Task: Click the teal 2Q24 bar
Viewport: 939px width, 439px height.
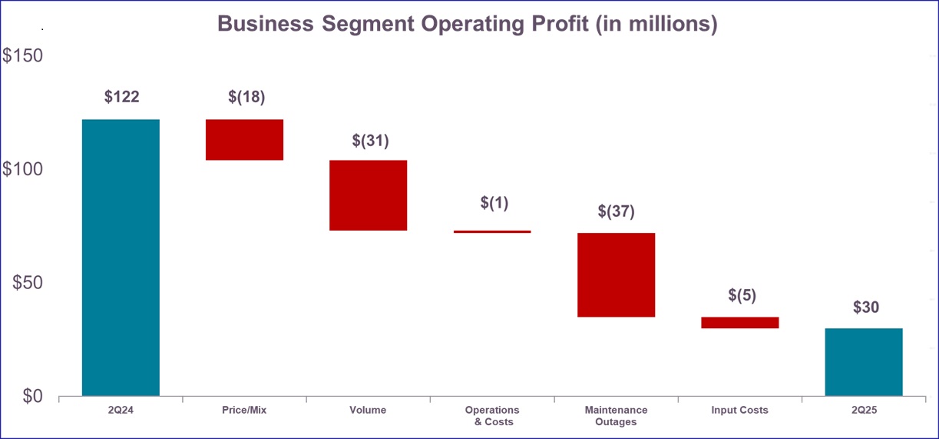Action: click(121, 258)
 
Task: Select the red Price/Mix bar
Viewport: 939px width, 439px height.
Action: click(244, 140)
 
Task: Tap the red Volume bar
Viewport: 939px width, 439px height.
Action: click(368, 195)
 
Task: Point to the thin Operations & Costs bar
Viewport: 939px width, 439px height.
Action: click(491, 231)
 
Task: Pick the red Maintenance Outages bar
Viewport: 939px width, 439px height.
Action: click(616, 274)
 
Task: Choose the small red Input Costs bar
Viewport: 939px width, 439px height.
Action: click(739, 323)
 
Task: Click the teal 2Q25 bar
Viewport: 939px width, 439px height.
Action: click(864, 362)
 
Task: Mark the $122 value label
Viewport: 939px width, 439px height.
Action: click(121, 97)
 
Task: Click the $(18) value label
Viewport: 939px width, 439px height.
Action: click(246, 97)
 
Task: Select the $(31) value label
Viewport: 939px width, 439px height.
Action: click(370, 141)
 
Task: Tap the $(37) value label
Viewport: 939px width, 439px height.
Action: click(617, 211)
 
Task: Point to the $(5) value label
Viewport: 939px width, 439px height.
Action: click(742, 295)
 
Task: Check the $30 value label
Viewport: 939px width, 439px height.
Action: click(865, 308)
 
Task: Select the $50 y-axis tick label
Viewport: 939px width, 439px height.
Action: click(28, 283)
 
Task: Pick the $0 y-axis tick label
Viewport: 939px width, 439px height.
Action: click(32, 396)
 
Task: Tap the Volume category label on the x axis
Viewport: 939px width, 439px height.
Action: click(368, 411)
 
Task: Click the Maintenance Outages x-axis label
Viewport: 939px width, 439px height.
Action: click(616, 416)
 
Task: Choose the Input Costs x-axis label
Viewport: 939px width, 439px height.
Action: click(739, 411)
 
